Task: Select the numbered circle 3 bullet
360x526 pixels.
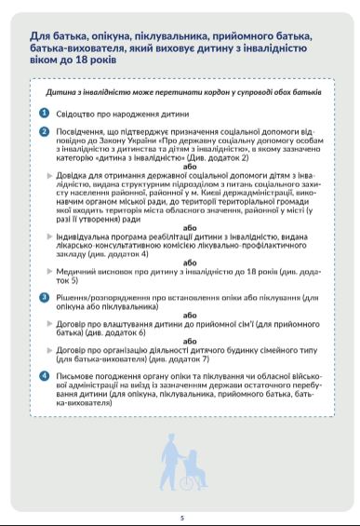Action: click(44, 296)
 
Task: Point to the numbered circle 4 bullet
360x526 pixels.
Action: click(44, 375)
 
